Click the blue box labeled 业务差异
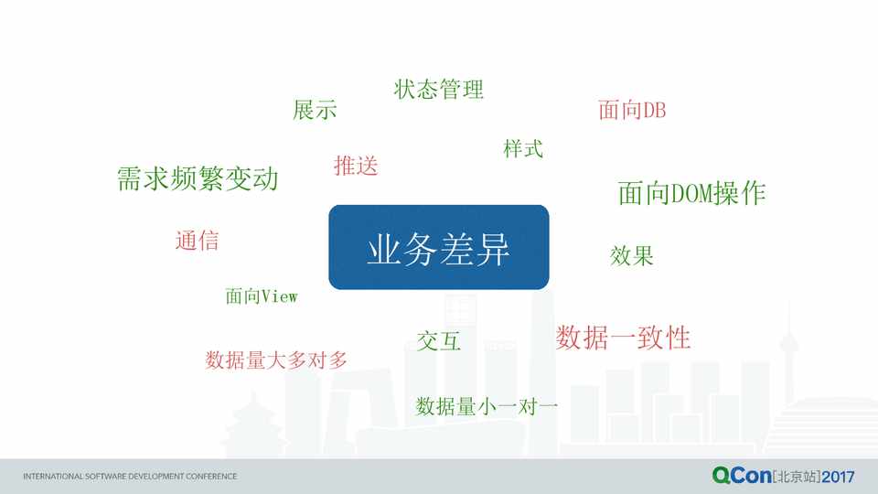pyautogui.click(x=438, y=247)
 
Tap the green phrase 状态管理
pyautogui.click(x=438, y=89)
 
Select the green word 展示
pyautogui.click(x=315, y=110)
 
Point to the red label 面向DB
pyautogui.click(x=632, y=110)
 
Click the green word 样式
pyautogui.click(x=523, y=149)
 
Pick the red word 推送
pyautogui.click(x=356, y=166)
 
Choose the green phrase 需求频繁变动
pyautogui.click(x=198, y=178)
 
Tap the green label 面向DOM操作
pyautogui.click(x=691, y=193)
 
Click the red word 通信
pyautogui.click(x=198, y=241)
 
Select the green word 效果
pyautogui.click(x=632, y=255)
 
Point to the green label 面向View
pyautogui.click(x=261, y=296)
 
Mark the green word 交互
pyautogui.click(x=438, y=340)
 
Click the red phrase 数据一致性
pyautogui.click(x=623, y=338)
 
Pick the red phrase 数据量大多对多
pyautogui.click(x=276, y=360)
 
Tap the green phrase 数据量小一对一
pyautogui.click(x=486, y=406)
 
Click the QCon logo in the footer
pyautogui.click(x=742, y=476)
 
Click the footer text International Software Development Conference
pyautogui.click(x=130, y=476)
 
